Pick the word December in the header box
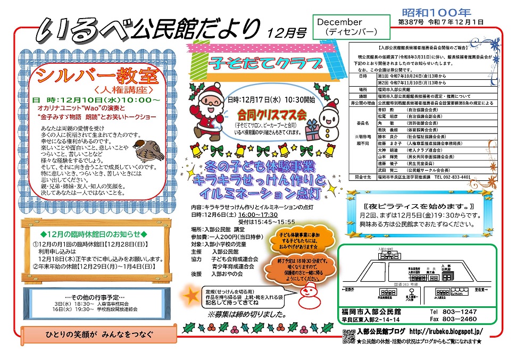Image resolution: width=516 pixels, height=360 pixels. (x=340, y=22)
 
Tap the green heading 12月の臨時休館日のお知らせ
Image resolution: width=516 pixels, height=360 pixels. (x=94, y=235)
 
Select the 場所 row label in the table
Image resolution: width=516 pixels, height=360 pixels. (x=363, y=90)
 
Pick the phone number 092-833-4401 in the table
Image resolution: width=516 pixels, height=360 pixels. (x=452, y=177)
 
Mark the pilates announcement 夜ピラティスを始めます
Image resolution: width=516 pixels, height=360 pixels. (x=421, y=206)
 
